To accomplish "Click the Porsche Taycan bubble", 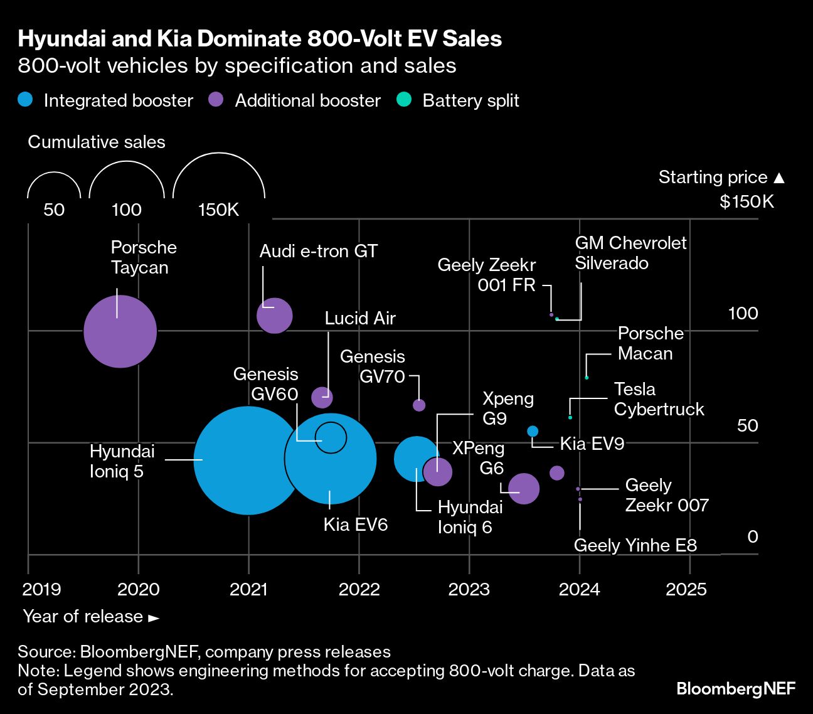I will point(120,331).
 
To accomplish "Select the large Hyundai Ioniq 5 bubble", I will point(248,460).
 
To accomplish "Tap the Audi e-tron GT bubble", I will point(275,315).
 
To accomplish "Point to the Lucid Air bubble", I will point(322,397).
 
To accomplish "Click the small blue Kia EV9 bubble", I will point(533,431).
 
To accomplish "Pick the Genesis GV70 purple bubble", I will point(419,405).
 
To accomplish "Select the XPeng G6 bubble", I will point(524,488).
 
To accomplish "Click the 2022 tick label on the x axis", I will point(359,589).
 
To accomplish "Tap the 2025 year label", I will point(686,589).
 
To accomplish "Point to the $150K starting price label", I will point(747,201).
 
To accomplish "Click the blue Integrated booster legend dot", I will point(26,100).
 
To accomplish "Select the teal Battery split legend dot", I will point(405,100).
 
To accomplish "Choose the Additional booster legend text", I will point(307,101).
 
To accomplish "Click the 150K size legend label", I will point(218,210).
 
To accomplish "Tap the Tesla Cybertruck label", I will point(659,399).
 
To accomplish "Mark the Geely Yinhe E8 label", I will point(635,545).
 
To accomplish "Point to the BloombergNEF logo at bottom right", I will point(736,689).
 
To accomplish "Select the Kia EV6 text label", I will point(356,525).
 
